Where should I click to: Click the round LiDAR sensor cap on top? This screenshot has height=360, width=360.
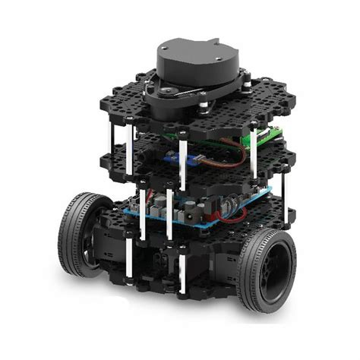click(x=196, y=55)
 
